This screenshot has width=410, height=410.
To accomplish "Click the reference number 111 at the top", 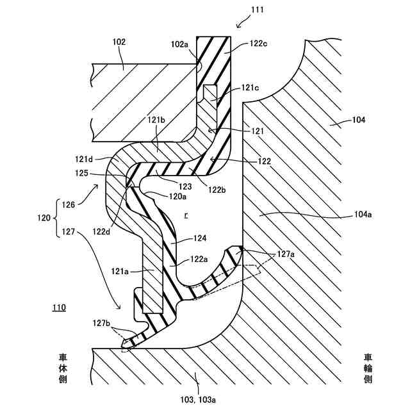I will (x=258, y=10).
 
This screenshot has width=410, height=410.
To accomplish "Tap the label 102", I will (x=119, y=42).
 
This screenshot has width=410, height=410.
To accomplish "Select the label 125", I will (x=81, y=172).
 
